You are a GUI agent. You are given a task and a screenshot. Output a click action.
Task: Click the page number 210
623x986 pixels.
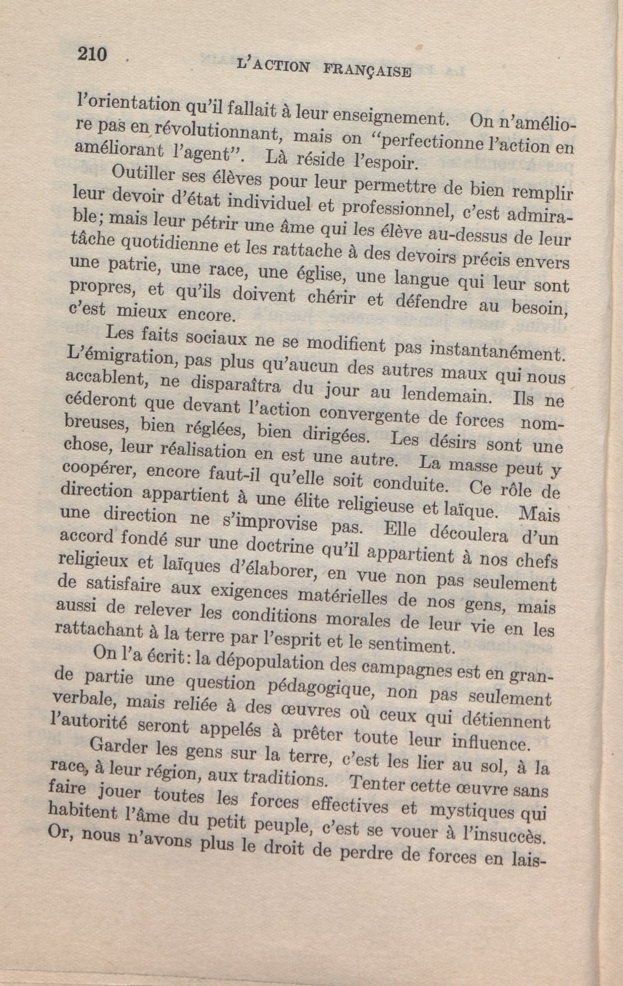click(92, 55)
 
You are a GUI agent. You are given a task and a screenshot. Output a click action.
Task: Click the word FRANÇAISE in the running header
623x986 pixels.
click(367, 71)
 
